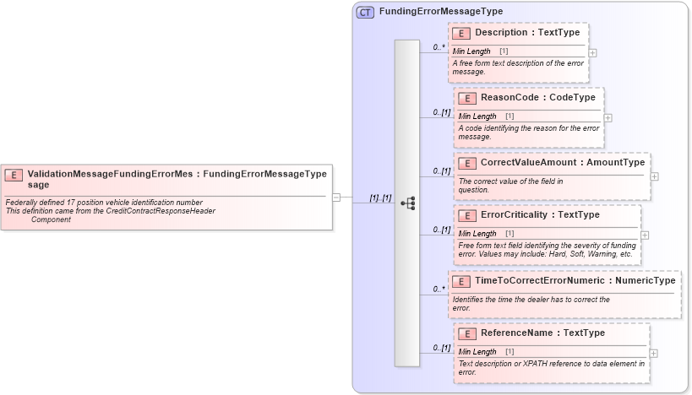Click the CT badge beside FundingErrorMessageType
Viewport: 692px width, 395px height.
365,12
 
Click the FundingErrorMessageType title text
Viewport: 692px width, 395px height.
440,12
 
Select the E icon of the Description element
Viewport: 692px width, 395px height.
461,33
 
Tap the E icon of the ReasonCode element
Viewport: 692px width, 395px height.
467,98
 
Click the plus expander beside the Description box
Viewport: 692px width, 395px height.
592,52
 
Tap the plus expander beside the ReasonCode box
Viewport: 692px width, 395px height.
608,117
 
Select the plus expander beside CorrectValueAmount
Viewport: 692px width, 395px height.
654,176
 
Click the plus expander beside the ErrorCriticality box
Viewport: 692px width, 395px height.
646,235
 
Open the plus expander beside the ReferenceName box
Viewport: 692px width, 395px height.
653,353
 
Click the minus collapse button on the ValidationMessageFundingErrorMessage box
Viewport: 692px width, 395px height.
335,197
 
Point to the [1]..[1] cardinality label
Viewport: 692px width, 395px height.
380,197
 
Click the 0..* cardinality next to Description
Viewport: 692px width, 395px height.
439,47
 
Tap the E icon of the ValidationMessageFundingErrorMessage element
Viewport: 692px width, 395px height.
14,175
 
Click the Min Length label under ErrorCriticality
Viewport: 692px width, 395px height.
477,233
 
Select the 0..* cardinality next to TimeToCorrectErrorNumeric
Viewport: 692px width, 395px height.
439,289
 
